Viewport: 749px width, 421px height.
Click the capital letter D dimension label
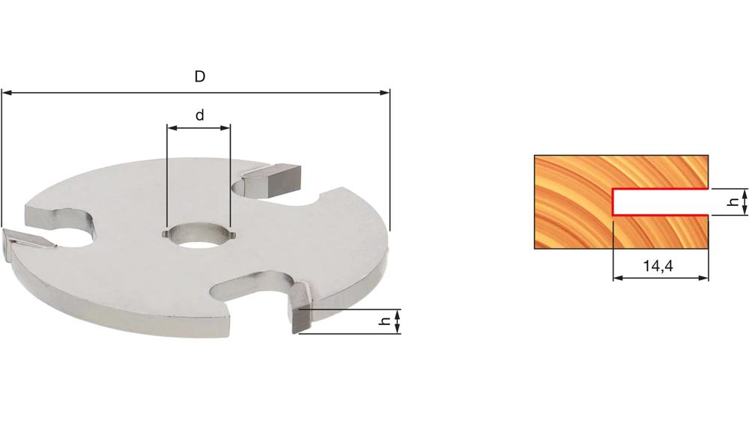(200, 76)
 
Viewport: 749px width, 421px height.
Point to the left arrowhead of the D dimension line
(7, 93)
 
